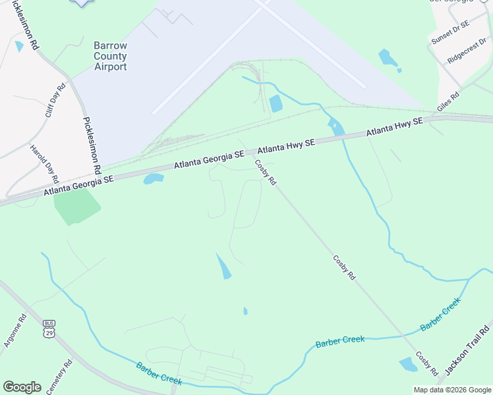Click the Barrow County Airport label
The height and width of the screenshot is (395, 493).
click(110, 57)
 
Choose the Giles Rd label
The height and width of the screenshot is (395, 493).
click(448, 101)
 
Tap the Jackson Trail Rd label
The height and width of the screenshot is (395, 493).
click(467, 350)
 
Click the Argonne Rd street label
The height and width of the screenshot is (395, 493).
click(22, 327)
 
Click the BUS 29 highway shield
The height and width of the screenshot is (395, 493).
click(48, 329)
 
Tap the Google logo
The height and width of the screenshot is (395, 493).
click(22, 387)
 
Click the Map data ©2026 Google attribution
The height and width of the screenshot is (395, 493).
click(452, 390)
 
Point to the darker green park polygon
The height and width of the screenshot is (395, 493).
click(76, 205)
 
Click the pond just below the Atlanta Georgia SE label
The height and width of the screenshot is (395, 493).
click(153, 178)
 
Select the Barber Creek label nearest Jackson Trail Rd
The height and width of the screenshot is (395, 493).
click(440, 314)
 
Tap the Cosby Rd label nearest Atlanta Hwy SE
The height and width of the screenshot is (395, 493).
click(265, 172)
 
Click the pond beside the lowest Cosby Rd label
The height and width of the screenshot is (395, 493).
click(409, 364)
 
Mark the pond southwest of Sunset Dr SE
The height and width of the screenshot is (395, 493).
click(388, 59)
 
